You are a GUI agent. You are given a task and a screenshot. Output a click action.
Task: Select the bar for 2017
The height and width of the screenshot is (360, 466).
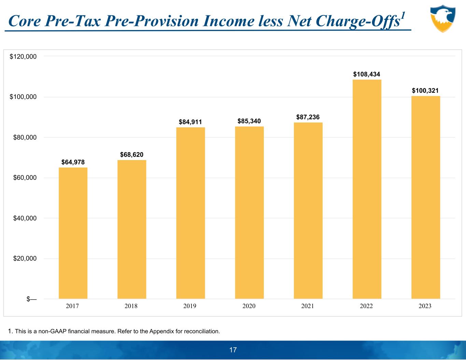[x=73, y=233]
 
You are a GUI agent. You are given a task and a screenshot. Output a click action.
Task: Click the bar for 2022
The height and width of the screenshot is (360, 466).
[x=367, y=189]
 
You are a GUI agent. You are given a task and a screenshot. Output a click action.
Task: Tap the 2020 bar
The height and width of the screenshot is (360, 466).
[x=249, y=213]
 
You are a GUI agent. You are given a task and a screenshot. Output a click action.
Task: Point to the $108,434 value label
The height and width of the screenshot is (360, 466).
[x=367, y=74]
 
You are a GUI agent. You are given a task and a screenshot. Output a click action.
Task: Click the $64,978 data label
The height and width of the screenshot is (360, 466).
[x=73, y=162]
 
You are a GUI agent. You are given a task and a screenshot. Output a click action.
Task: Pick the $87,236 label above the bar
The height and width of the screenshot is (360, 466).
[x=308, y=117]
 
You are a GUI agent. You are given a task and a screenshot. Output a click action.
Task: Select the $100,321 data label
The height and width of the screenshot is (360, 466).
[x=425, y=90]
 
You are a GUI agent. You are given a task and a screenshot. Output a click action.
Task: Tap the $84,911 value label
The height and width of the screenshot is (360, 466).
[x=190, y=122]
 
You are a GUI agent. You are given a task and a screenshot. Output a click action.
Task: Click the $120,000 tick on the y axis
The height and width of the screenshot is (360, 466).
[x=23, y=57]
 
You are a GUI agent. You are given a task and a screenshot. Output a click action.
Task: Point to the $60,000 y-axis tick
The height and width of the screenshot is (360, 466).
[x=23, y=178]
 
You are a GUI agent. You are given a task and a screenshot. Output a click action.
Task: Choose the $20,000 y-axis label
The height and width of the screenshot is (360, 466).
[x=23, y=259]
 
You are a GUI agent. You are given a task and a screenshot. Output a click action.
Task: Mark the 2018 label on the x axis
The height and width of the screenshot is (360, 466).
[x=131, y=306]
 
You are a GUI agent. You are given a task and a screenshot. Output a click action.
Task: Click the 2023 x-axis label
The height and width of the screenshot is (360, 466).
[x=425, y=306]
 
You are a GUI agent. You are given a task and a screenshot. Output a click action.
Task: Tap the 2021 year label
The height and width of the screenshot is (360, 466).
[x=308, y=306]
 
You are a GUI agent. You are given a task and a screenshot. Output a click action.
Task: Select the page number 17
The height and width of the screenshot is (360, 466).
[x=233, y=350]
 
